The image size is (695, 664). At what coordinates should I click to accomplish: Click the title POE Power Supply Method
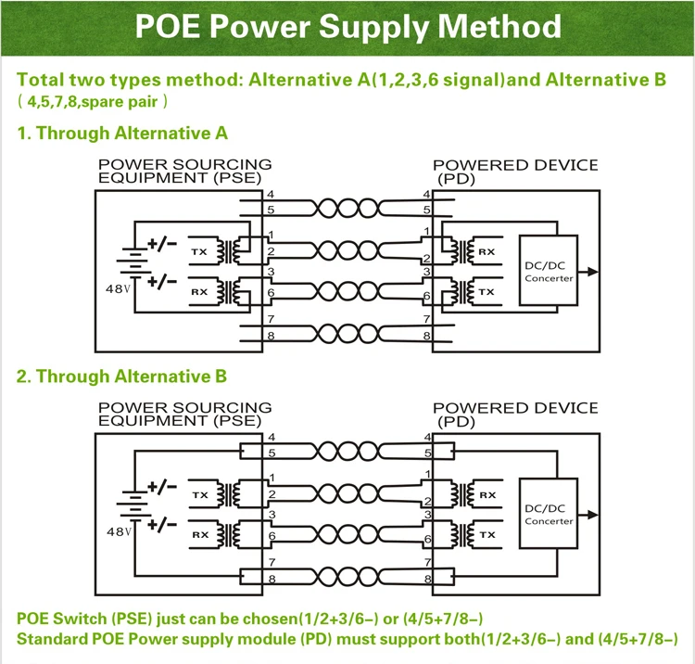[347, 25]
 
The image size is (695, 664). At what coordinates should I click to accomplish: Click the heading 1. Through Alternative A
[122, 134]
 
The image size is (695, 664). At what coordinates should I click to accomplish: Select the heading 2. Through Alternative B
[122, 377]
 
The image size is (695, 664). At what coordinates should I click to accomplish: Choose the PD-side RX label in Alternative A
[486, 251]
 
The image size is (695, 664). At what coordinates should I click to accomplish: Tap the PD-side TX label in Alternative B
[486, 534]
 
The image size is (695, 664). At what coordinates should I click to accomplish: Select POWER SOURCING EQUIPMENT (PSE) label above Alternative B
[185, 414]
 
